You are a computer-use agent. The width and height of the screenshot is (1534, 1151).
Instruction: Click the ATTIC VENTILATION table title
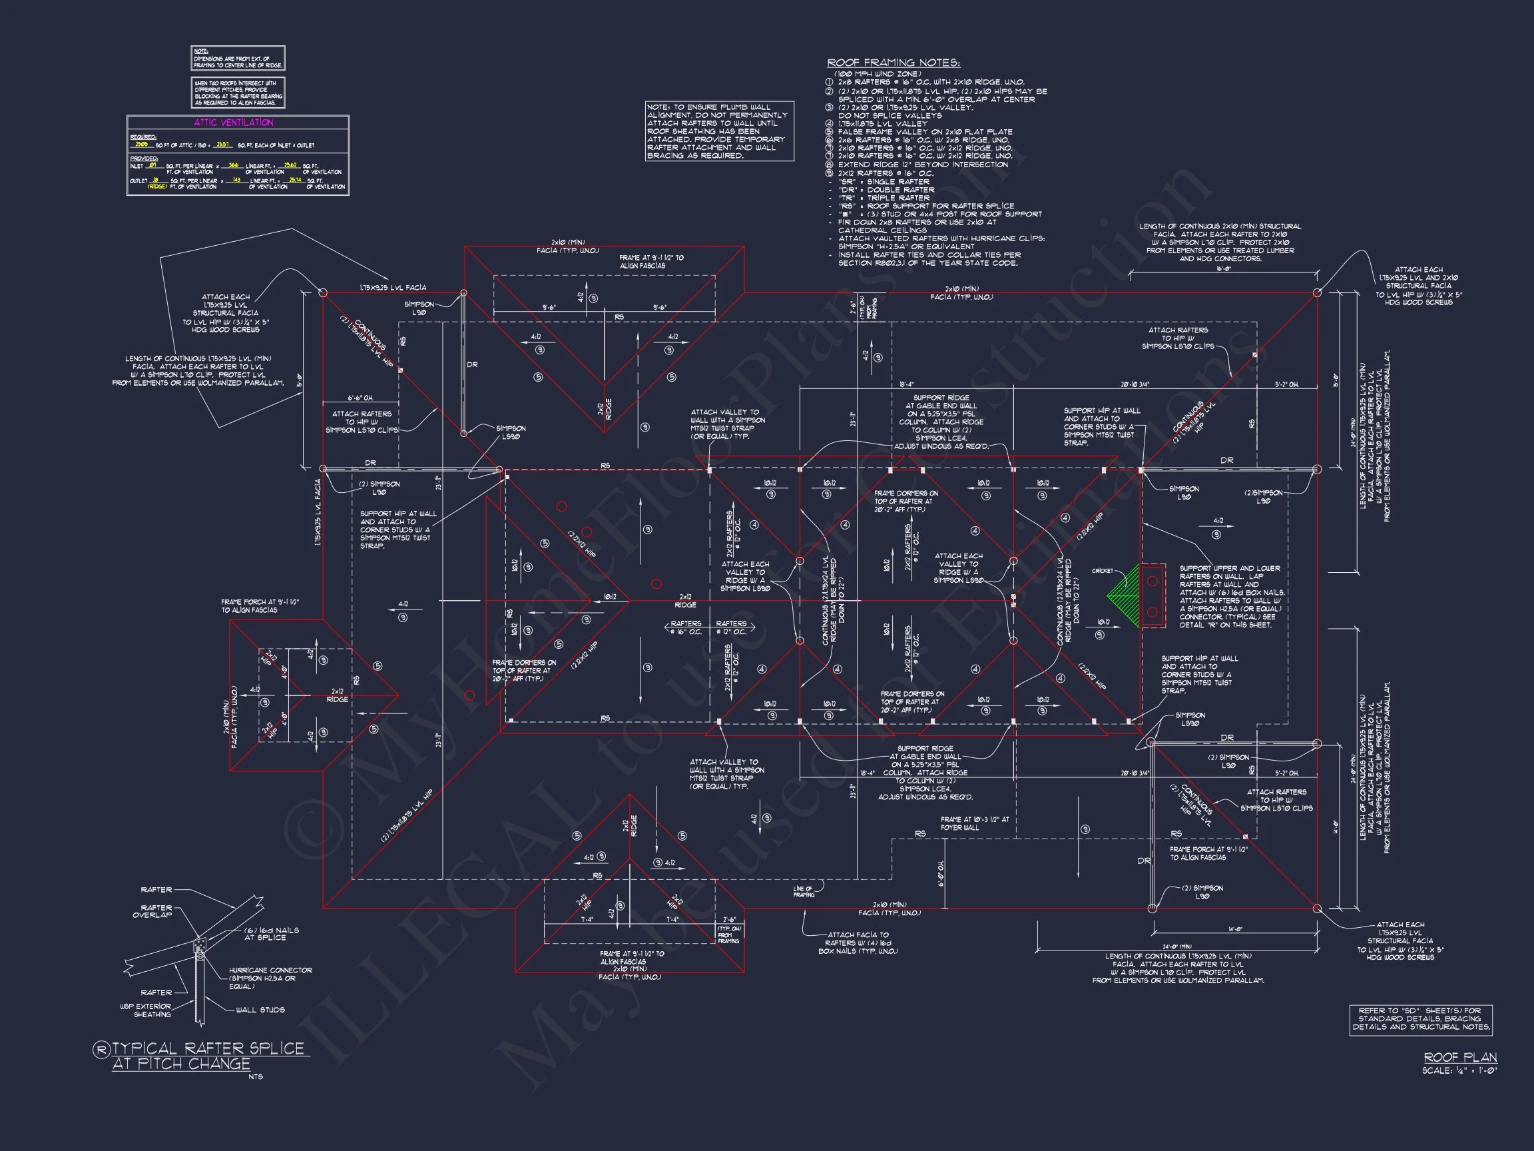pos(234,123)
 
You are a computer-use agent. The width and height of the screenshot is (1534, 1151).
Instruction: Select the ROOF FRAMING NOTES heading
pos(894,63)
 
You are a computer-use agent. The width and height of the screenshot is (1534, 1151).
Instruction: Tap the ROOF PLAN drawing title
pos(1460,1057)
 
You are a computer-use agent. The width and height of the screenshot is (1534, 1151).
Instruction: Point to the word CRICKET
pos(1102,571)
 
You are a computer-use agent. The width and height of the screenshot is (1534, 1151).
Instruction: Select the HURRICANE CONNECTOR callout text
pos(270,978)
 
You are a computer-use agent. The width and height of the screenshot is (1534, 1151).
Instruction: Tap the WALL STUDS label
pos(260,1010)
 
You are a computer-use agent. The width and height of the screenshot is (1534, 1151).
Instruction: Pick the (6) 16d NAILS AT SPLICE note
pos(271,934)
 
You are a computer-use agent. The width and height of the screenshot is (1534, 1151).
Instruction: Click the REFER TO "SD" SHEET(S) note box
pos(1420,1019)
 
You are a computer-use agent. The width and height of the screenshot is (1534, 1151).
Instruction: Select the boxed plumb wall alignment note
pos(719,131)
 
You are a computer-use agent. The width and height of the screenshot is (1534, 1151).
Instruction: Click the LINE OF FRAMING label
pos(804,892)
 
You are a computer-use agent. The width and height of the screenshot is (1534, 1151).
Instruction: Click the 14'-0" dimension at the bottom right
pos(1234,929)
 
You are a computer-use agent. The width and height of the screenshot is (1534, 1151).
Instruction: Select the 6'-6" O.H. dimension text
pos(360,398)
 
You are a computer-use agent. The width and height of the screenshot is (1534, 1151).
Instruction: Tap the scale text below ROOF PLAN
pos(1458,1070)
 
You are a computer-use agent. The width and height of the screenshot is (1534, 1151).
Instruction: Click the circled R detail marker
pos(101,1050)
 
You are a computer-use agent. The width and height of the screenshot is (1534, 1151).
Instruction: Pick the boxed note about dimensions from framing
pos(238,58)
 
